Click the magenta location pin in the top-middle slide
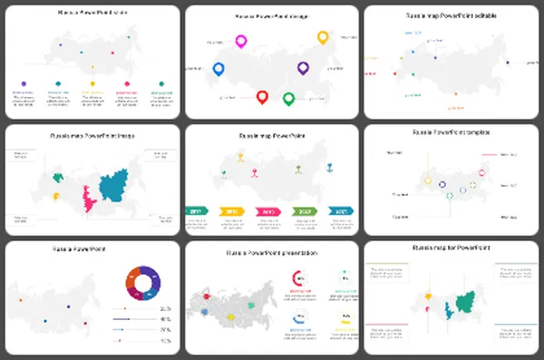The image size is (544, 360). [x=241, y=41]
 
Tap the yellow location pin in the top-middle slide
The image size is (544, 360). [x=323, y=37]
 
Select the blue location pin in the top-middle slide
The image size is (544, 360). [x=218, y=69]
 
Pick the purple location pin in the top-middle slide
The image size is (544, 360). [x=304, y=68]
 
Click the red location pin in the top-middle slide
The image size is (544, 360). [x=262, y=97]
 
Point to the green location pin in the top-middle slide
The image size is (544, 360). [x=289, y=98]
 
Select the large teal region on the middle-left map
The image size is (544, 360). [x=117, y=188]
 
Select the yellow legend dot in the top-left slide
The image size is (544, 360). [x=92, y=83]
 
